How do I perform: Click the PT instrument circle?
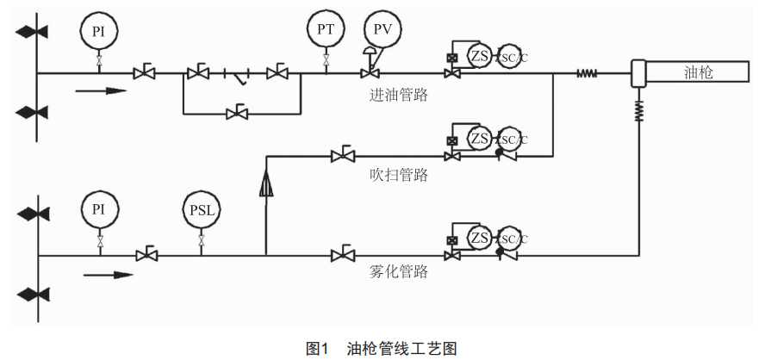pos(326,29)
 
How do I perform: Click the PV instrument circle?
pos(382,29)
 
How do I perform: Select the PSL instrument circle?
pos(202,209)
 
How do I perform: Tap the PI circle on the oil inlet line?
pos(99,30)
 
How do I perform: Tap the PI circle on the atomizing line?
pos(99,209)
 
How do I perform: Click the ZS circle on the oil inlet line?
pos(480,55)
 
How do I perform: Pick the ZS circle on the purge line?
pos(480,138)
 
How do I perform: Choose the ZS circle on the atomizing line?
pos(480,237)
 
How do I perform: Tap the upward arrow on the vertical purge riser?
pos(266,183)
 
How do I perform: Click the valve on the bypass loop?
pos(238,112)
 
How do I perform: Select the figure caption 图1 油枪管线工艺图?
pos(381,348)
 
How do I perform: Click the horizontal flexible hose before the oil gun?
pos(587,74)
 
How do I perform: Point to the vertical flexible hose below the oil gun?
pos(639,109)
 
